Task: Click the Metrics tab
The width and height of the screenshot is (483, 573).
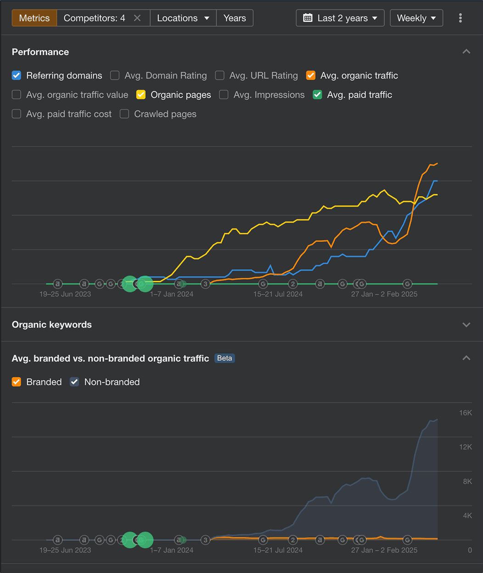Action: (34, 18)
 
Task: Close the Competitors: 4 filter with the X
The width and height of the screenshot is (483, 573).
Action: (137, 18)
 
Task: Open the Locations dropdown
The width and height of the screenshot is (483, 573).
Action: (183, 18)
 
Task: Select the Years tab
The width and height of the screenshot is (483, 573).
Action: (235, 18)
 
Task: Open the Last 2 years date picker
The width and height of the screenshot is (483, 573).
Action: (340, 18)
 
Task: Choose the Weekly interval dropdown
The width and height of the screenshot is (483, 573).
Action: (416, 18)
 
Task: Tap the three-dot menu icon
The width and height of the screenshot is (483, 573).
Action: (461, 18)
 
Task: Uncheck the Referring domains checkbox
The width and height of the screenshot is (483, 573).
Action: (17, 75)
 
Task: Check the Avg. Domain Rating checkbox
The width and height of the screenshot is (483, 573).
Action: (115, 75)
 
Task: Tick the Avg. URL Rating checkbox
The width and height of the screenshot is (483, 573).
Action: (220, 75)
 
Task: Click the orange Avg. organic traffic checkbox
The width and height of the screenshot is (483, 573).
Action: (311, 75)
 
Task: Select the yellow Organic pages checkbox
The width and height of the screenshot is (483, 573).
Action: (141, 95)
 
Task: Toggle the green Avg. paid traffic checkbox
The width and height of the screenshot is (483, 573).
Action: (317, 95)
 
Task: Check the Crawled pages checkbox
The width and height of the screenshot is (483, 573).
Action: (124, 114)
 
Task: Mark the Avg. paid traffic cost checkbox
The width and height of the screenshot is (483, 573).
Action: (17, 114)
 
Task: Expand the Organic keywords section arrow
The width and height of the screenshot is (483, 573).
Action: (466, 325)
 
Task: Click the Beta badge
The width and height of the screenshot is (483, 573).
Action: (225, 358)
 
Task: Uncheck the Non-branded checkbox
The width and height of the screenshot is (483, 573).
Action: (74, 382)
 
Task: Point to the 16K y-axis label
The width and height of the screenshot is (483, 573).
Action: (466, 413)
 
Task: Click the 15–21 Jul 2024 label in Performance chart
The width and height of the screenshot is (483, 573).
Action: (278, 294)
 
